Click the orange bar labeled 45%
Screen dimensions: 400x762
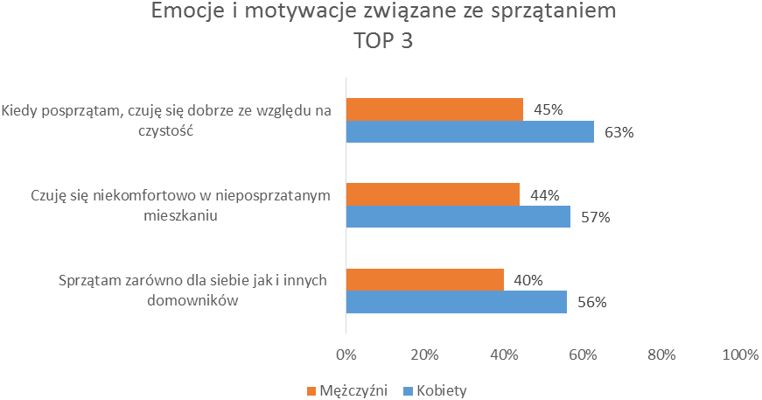[x=435, y=109]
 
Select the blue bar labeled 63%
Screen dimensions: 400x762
[x=470, y=132]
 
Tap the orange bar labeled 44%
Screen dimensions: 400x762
[x=433, y=194]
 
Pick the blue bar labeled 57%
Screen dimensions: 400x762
[x=458, y=217]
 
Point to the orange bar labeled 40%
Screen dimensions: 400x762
[x=425, y=280]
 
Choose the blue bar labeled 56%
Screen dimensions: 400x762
[x=457, y=302]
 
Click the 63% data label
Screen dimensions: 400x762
[x=618, y=133]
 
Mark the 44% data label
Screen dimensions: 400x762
[x=544, y=195]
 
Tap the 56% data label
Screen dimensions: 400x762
[x=591, y=303]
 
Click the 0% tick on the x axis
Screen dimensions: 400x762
[x=346, y=354]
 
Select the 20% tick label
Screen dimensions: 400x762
[x=424, y=354]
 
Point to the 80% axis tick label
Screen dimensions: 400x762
[x=661, y=354]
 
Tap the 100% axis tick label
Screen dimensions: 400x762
[x=740, y=354]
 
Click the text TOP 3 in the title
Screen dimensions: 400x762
[x=382, y=41]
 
